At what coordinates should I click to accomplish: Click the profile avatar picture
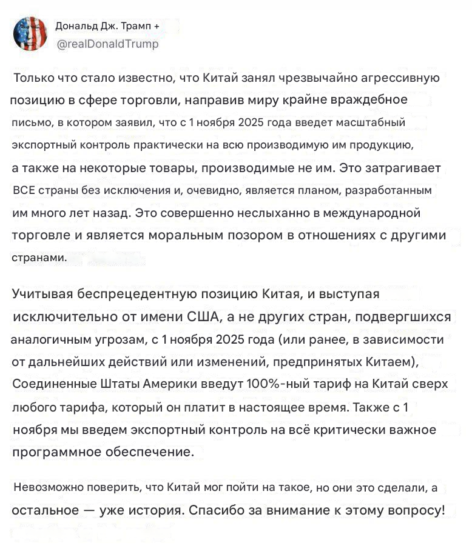pos(30,33)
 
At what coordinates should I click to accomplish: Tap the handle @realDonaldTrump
pos(107,44)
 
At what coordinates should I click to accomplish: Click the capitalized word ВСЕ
pos(25,190)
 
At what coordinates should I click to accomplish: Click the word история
pos(152,510)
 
